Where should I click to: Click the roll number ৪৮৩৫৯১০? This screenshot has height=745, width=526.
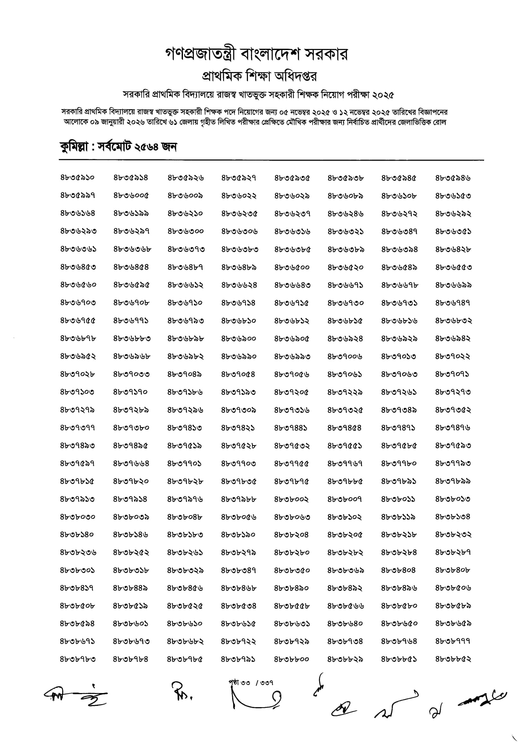(x=77, y=178)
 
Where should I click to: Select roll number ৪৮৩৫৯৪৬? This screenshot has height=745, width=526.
(x=453, y=178)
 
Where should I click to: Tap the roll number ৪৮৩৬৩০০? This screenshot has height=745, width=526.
(x=186, y=231)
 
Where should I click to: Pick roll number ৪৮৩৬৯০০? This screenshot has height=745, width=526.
(x=239, y=339)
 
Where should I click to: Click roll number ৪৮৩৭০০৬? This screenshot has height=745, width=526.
(x=345, y=356)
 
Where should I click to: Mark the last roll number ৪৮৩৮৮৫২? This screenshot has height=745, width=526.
(x=453, y=659)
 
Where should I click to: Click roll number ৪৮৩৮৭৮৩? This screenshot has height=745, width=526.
(x=78, y=659)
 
